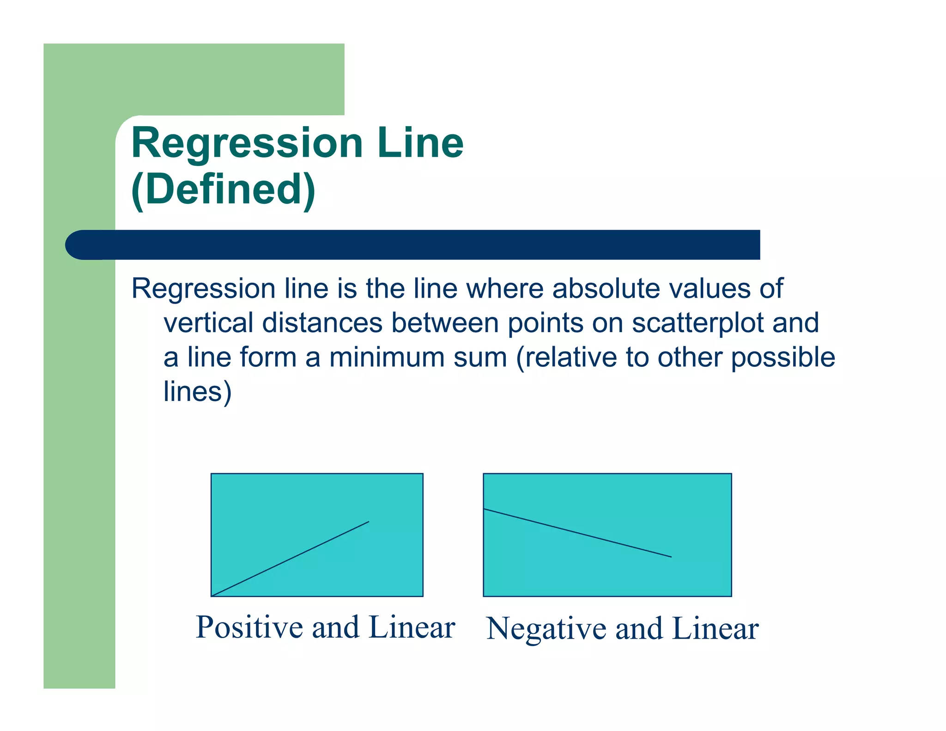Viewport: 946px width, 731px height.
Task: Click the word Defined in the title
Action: (x=224, y=189)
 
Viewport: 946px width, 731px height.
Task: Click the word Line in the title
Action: (x=420, y=143)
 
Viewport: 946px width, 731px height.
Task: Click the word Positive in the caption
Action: (x=250, y=627)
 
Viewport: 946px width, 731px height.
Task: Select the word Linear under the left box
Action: (x=412, y=627)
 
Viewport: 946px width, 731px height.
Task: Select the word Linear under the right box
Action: (x=715, y=629)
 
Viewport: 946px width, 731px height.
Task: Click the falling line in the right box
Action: (x=577, y=533)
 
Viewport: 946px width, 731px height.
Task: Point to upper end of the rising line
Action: (x=368, y=522)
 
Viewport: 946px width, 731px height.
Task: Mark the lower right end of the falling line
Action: (x=671, y=557)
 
